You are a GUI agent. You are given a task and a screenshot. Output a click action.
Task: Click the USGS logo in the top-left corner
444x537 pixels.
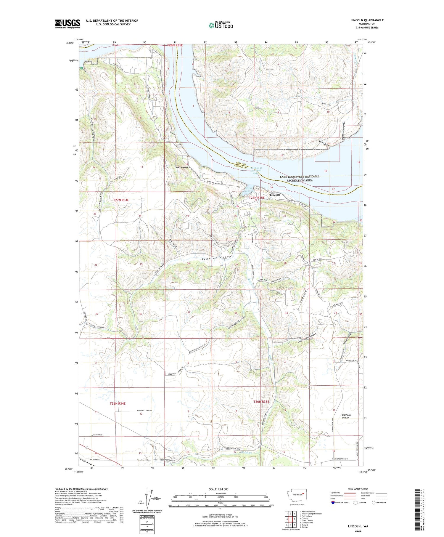point(67,24)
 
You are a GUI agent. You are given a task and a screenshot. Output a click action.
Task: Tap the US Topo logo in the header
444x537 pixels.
point(221,25)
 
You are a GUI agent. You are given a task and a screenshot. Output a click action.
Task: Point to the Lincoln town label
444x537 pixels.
point(275,195)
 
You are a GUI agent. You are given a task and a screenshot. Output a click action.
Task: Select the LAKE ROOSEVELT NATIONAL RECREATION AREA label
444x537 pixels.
point(300,178)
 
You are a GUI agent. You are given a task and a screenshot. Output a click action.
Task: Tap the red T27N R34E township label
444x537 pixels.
point(121,200)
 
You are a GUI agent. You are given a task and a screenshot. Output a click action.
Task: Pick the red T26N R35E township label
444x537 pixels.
point(261,402)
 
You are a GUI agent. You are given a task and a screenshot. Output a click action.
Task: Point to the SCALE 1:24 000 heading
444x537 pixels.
point(220,489)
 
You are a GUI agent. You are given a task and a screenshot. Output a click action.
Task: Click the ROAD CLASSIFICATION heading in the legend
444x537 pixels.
point(358,489)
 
